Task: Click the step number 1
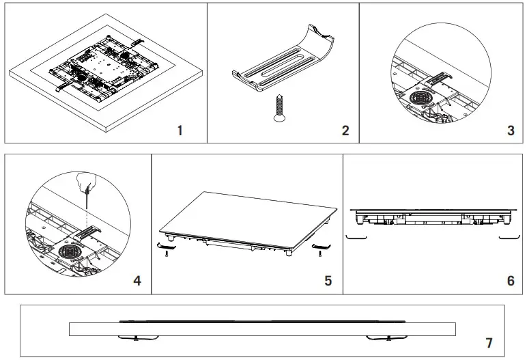180,130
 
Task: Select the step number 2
345,130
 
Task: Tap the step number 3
511,130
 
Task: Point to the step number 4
137,280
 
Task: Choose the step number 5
328,280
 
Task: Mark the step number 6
511,280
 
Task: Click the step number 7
488,342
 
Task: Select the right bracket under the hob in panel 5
319,246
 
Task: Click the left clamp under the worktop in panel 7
136,337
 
